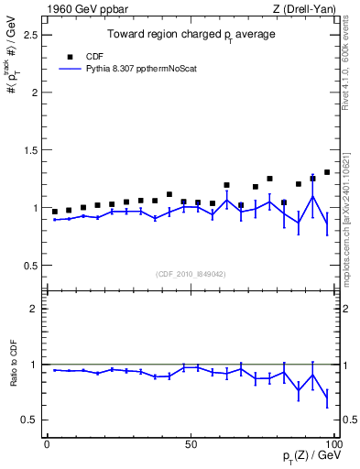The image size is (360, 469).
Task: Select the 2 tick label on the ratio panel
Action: coord(36,309)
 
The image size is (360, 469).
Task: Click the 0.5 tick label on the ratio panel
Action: coord(32,420)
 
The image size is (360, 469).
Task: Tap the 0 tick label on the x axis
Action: coord(47,444)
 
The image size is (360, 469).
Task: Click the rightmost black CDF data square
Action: coord(327,171)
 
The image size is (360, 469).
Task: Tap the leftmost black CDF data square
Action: coord(55,212)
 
